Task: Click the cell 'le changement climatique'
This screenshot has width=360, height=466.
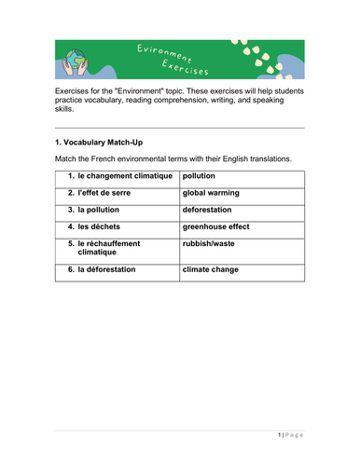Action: [125, 175]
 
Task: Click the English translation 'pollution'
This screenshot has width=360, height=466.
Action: [199, 175]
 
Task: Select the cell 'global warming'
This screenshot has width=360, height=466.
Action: [211, 192]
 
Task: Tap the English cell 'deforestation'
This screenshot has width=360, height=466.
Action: [207, 209]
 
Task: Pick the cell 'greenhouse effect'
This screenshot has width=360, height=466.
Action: [216, 226]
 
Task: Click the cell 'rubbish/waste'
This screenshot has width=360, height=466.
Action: [209, 242]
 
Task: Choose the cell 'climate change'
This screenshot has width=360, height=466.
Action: [210, 269]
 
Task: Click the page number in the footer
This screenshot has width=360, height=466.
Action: [279, 436]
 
